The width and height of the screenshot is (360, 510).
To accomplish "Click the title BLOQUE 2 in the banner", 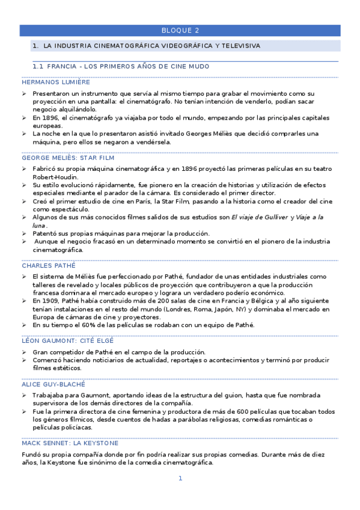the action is coord(180,30).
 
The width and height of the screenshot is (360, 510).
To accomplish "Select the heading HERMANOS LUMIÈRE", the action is coord(55,82).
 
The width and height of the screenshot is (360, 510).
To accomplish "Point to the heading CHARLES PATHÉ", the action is coord(49,265).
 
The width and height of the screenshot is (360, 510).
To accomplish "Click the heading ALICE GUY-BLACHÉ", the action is coord(53,383).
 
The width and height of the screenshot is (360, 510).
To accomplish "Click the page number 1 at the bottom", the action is coord(180,479).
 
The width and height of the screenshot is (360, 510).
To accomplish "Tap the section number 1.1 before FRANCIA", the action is coord(38,66).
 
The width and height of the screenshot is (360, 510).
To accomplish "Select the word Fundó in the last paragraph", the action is coord(31,455).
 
